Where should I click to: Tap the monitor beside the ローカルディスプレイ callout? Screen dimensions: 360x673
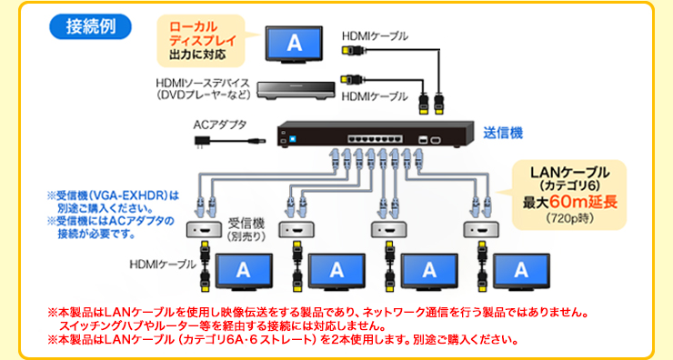293,42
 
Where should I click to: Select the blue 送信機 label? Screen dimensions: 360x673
502,133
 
